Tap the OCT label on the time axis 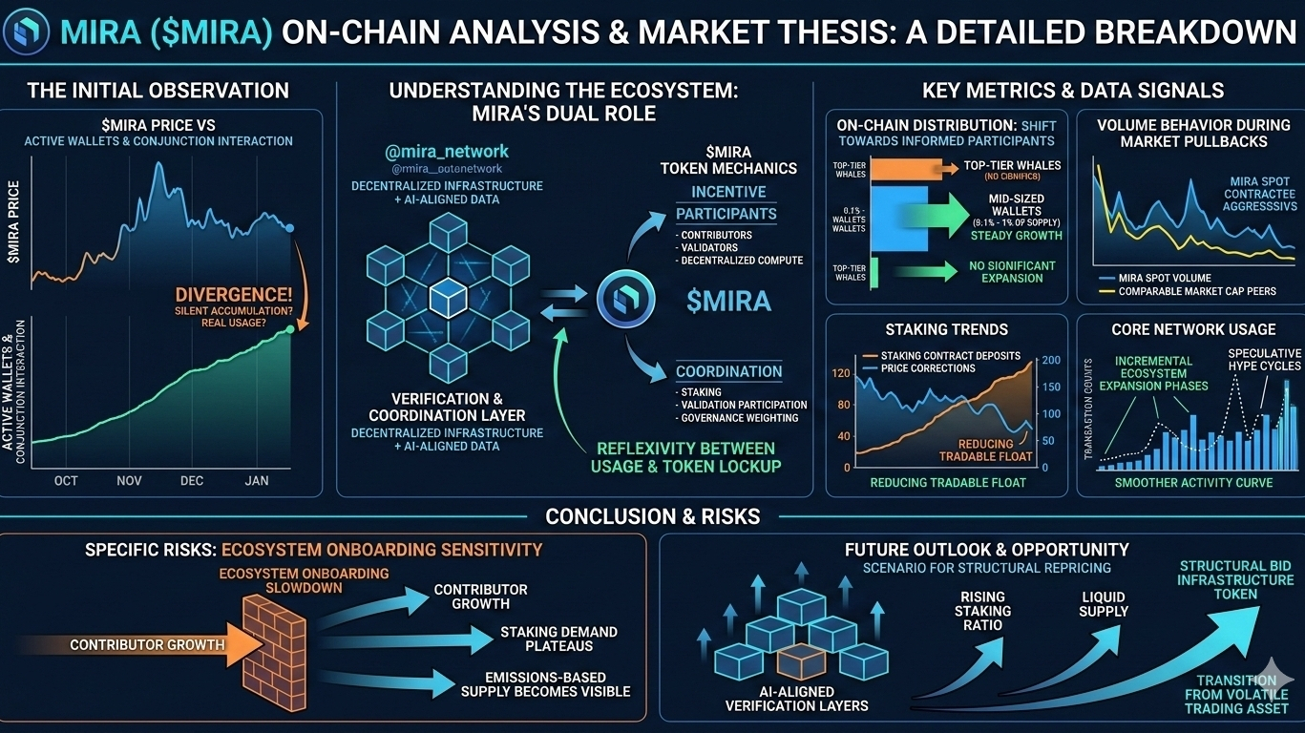coord(66,480)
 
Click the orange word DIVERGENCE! coord(233,296)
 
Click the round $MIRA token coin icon coord(625,299)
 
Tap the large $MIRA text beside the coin coord(728,301)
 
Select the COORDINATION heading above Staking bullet coord(728,371)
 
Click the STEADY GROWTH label coord(1016,236)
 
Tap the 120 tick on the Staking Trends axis coord(841,372)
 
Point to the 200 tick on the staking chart coord(1051,360)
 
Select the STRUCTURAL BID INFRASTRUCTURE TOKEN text coord(1234,579)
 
